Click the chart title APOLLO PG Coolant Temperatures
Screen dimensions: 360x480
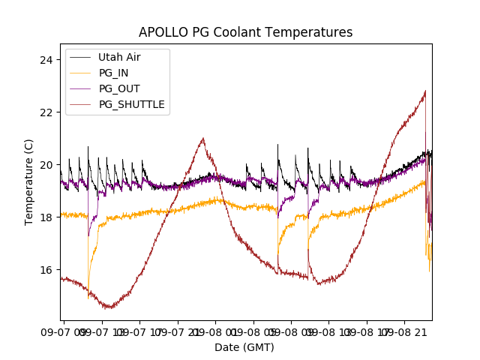pos(245,32)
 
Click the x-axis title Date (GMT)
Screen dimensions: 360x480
pos(244,347)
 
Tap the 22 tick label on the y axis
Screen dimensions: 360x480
pos(49,112)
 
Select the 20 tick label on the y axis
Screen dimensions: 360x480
pos(49,165)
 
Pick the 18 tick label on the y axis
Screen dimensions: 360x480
pos(49,217)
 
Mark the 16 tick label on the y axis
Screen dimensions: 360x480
pos(49,270)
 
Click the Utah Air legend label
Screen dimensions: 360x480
pos(119,57)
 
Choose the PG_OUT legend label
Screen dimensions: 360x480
pos(119,88)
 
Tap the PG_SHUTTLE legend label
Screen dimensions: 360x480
pos(131,104)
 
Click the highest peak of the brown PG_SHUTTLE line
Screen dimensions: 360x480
pos(425,91)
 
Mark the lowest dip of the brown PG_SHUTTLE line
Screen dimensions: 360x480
pos(109,307)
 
